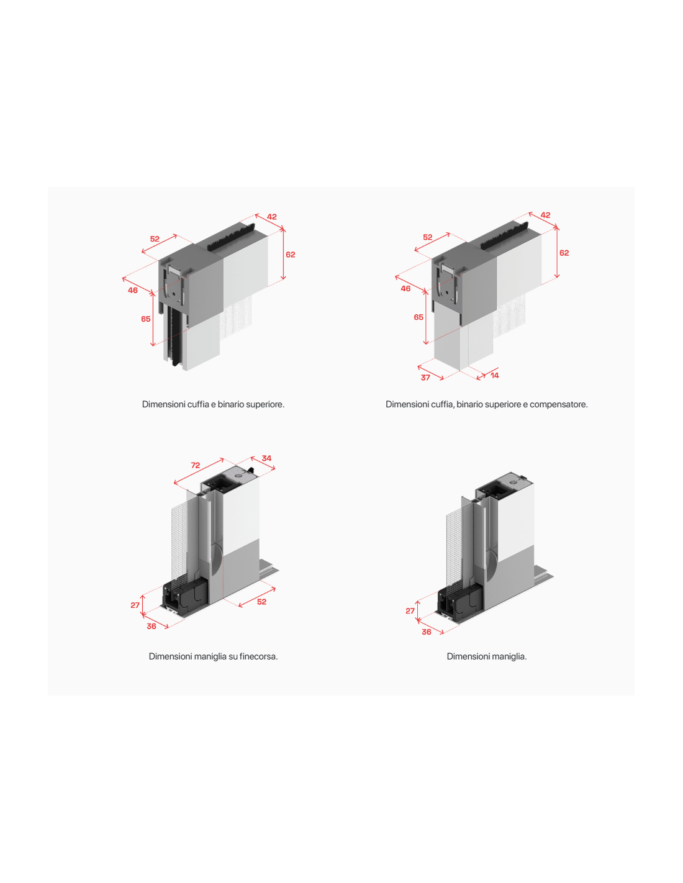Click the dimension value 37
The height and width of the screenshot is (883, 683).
(x=425, y=378)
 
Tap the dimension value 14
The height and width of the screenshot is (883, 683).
(x=494, y=376)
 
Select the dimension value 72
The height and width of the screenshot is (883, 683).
(x=196, y=465)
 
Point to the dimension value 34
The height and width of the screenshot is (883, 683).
(x=266, y=458)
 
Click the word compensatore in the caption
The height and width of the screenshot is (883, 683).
(x=558, y=405)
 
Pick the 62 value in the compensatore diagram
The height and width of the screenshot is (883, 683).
(x=564, y=253)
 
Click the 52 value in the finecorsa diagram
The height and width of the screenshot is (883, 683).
(x=261, y=602)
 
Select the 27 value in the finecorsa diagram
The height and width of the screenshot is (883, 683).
(x=135, y=605)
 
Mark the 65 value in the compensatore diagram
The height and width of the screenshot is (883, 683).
(x=418, y=317)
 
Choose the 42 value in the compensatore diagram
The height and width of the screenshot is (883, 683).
(x=545, y=215)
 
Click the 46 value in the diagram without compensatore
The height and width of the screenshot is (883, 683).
(x=133, y=290)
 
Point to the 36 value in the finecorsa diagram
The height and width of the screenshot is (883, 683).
(x=151, y=626)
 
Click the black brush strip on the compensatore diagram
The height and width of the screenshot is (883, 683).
(x=504, y=235)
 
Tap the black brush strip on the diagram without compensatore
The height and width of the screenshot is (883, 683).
(x=231, y=237)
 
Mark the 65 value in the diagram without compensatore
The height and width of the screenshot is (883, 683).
(x=146, y=319)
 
